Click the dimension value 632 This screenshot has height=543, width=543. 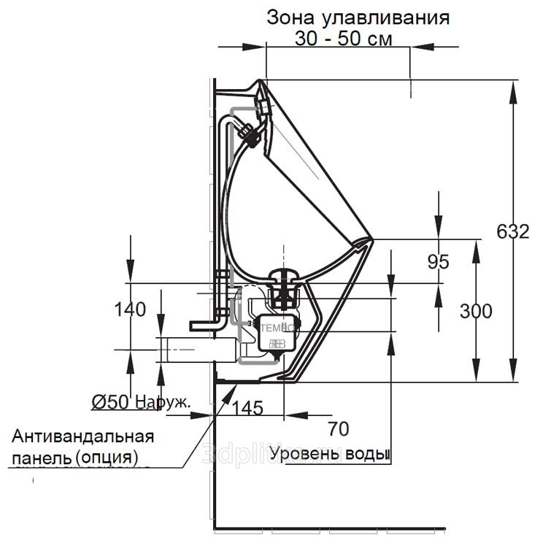512,232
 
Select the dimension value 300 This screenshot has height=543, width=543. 476,311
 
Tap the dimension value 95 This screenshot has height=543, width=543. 439,261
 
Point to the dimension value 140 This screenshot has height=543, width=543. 130,309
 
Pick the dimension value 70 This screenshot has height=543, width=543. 339,428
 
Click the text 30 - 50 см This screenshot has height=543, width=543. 343,39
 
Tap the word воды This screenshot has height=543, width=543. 364,454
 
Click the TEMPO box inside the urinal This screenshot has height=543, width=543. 278,332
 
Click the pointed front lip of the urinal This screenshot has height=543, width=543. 371,239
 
